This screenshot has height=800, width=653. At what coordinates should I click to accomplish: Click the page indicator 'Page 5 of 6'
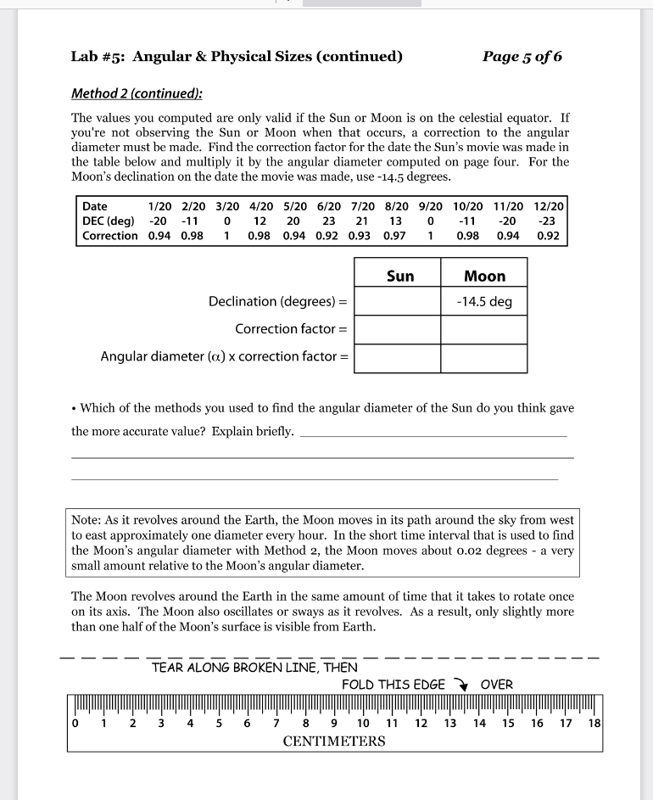[522, 57]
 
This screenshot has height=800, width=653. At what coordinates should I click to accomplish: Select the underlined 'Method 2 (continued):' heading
[137, 93]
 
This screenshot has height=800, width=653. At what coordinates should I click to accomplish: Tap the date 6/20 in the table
[326, 206]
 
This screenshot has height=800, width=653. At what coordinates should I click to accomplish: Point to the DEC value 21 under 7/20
[360, 221]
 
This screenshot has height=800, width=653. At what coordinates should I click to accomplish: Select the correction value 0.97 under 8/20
[395, 235]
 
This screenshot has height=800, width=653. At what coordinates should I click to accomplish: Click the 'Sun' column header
[399, 276]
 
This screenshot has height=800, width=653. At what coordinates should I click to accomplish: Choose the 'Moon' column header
[484, 276]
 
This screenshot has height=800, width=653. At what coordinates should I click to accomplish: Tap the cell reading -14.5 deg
[484, 302]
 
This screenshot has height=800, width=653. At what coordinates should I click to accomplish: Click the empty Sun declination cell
[397, 302]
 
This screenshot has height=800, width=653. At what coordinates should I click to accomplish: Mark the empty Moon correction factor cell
[484, 329]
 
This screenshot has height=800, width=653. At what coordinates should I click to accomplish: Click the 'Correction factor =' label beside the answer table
[291, 329]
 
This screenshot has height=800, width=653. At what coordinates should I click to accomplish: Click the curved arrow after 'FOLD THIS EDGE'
[462, 685]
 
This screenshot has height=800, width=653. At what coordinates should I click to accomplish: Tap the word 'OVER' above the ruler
[496, 685]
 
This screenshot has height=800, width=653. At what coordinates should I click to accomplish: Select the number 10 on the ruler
[363, 724]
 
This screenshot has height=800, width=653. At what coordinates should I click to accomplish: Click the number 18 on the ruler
[594, 724]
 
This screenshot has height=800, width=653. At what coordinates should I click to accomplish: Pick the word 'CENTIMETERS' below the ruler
[333, 741]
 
